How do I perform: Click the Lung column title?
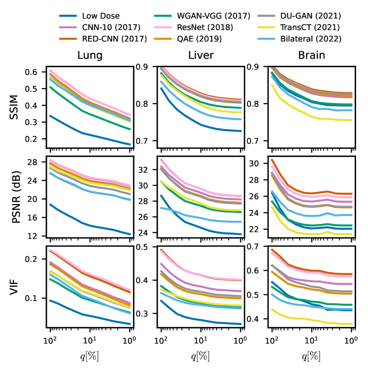tap(90, 56)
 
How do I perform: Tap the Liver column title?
tap(201, 56)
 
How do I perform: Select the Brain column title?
tap(312, 56)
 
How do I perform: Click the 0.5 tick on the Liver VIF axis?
tap(147, 246)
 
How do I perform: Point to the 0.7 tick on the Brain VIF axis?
tap(258, 246)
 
